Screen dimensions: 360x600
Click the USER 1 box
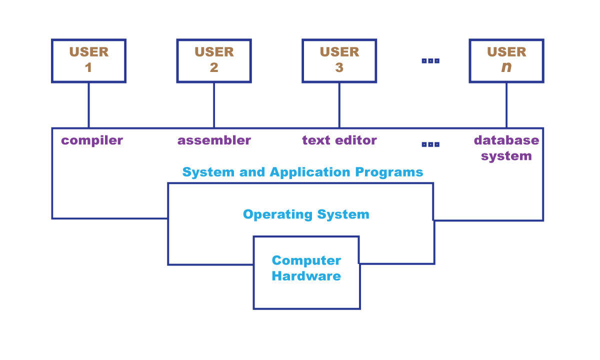click(88, 60)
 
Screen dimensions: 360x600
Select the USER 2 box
click(214, 60)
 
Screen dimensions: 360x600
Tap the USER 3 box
click(339, 60)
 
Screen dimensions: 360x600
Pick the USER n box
click(506, 60)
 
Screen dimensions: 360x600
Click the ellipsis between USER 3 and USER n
click(430, 61)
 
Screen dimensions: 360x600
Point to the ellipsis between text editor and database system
click(430, 144)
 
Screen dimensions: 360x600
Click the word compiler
click(92, 140)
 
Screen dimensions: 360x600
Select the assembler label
click(214, 140)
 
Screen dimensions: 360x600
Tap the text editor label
click(339, 140)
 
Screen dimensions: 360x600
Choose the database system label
click(506, 148)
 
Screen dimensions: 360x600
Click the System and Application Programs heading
click(302, 172)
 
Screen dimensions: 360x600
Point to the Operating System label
click(306, 214)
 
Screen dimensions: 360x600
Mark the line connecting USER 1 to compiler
click(88, 105)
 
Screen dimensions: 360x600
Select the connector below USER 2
click(214, 105)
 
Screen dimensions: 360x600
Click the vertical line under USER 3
click(339, 105)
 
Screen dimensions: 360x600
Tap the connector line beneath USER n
click(506, 105)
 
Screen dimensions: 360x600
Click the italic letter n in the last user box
click(506, 67)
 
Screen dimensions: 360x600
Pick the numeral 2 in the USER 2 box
click(214, 67)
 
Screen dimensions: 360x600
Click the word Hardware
click(306, 276)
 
